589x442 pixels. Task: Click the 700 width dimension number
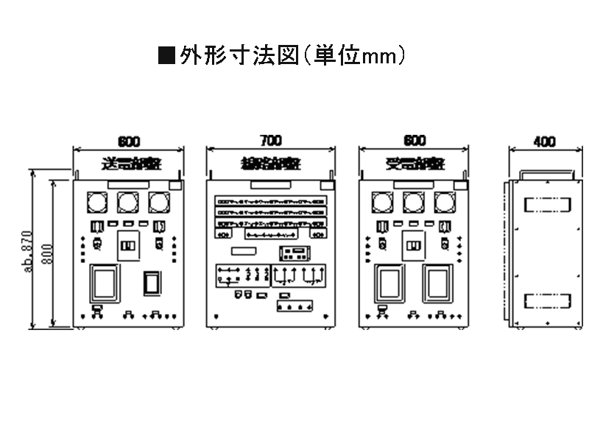[x=271, y=140]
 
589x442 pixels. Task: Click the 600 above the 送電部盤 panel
[x=128, y=141]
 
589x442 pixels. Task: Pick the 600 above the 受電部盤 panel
[x=415, y=141]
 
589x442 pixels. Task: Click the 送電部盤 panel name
[x=130, y=163]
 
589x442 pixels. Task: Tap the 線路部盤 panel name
[x=270, y=163]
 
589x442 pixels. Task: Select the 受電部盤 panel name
[x=415, y=163]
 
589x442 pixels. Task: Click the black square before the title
[x=167, y=56]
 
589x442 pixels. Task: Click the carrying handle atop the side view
[x=546, y=175]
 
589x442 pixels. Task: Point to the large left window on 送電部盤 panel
[x=105, y=284]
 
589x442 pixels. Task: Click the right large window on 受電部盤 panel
[x=437, y=284]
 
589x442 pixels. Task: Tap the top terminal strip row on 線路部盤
[x=271, y=200]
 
